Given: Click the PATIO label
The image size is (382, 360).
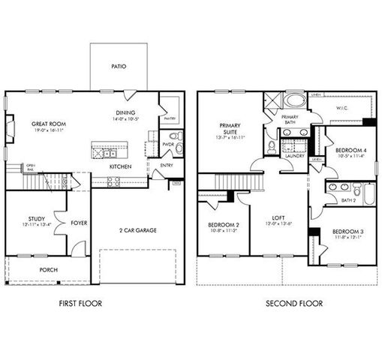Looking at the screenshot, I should coord(119,66).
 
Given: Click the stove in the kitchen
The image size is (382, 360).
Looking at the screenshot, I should coord(113,181).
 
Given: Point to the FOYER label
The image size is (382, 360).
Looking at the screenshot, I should coord(79,223).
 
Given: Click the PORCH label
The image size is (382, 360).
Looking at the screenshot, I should coord(49,269).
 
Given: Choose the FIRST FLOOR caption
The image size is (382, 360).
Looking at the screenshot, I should coord(80,304).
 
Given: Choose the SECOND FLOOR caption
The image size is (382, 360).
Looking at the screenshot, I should coord(294,304).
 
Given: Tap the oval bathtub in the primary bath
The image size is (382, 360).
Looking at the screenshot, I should coord(293,100).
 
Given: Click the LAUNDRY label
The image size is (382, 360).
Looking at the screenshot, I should coord(293,156).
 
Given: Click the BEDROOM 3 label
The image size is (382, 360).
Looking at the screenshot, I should coord(347,230).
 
